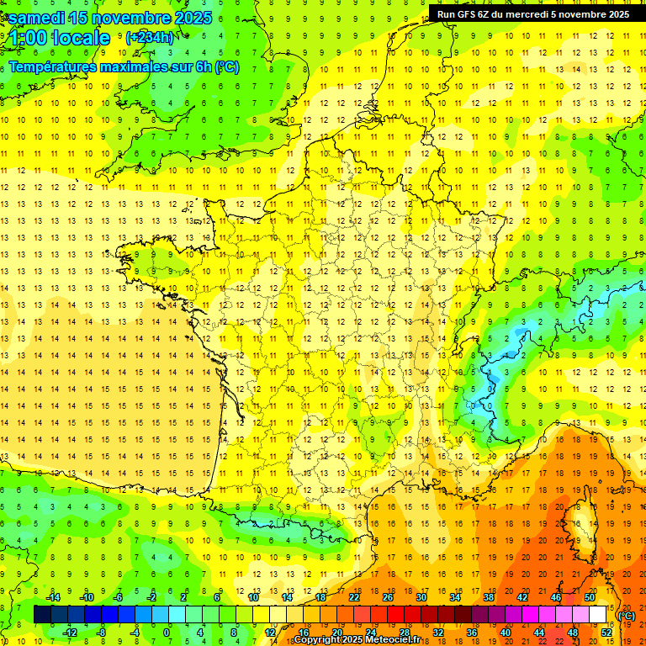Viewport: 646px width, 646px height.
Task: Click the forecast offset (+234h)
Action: tap(150, 37)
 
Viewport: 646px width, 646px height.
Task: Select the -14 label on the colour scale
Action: tap(53, 597)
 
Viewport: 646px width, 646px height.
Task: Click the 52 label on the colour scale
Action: tap(606, 632)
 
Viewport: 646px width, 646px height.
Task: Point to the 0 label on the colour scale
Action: tap(166, 632)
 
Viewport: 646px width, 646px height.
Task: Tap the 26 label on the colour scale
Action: tap(388, 597)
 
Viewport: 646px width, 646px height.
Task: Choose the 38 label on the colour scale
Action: tap(488, 597)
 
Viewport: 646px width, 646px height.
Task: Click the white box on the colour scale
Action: tap(597, 615)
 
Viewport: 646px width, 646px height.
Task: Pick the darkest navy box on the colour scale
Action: tap(42, 615)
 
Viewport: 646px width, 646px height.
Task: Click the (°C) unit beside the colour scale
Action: tap(627, 616)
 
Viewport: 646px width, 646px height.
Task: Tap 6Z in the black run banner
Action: tap(485, 14)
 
